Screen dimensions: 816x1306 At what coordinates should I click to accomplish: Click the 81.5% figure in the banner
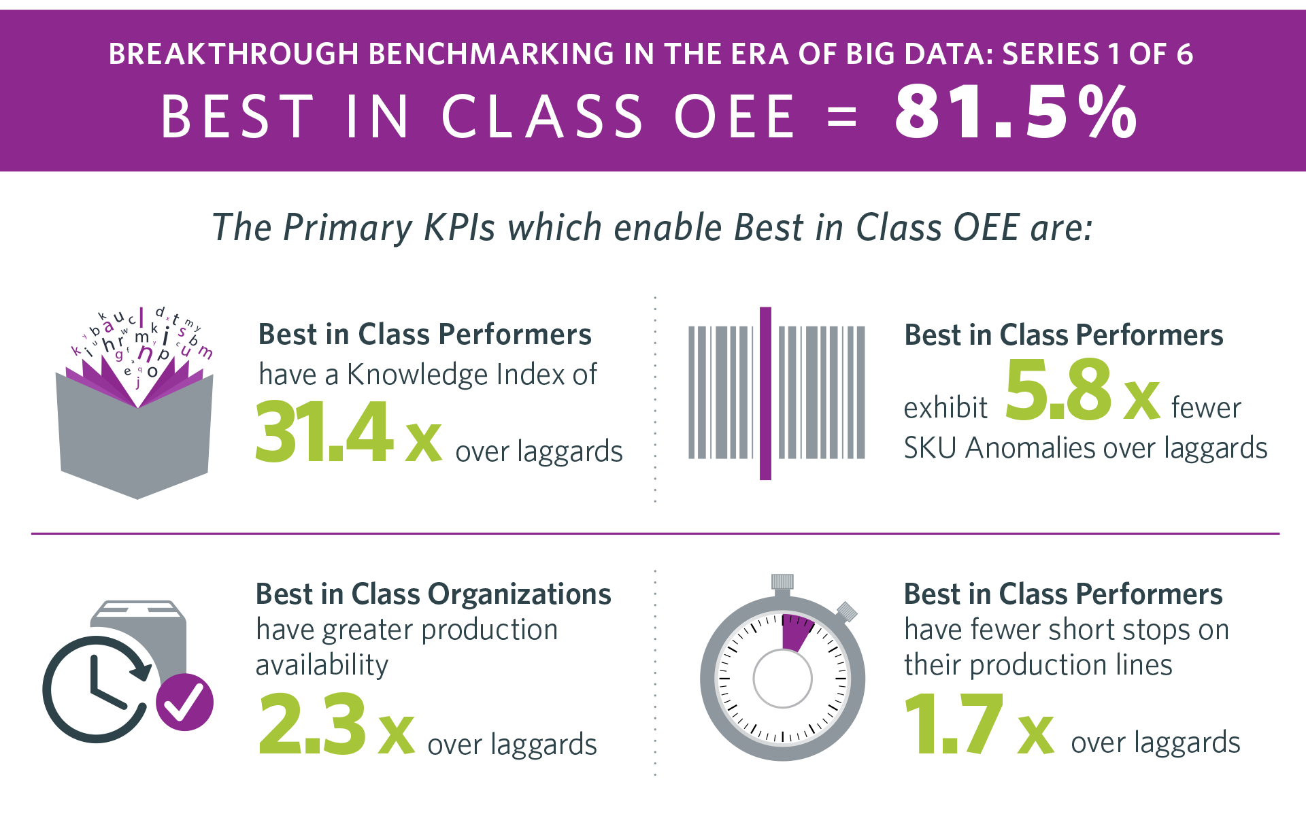coord(1015,113)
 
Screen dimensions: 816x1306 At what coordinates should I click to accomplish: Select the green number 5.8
coord(1058,390)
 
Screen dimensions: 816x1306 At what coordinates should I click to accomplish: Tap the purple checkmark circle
coord(184,702)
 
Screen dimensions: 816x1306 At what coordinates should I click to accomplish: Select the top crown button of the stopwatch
coord(782,581)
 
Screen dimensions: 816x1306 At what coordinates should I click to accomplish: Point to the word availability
coord(322,665)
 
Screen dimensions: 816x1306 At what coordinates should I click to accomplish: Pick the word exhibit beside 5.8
coord(945,408)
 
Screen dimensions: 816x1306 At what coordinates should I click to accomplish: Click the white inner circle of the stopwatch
coord(782,679)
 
